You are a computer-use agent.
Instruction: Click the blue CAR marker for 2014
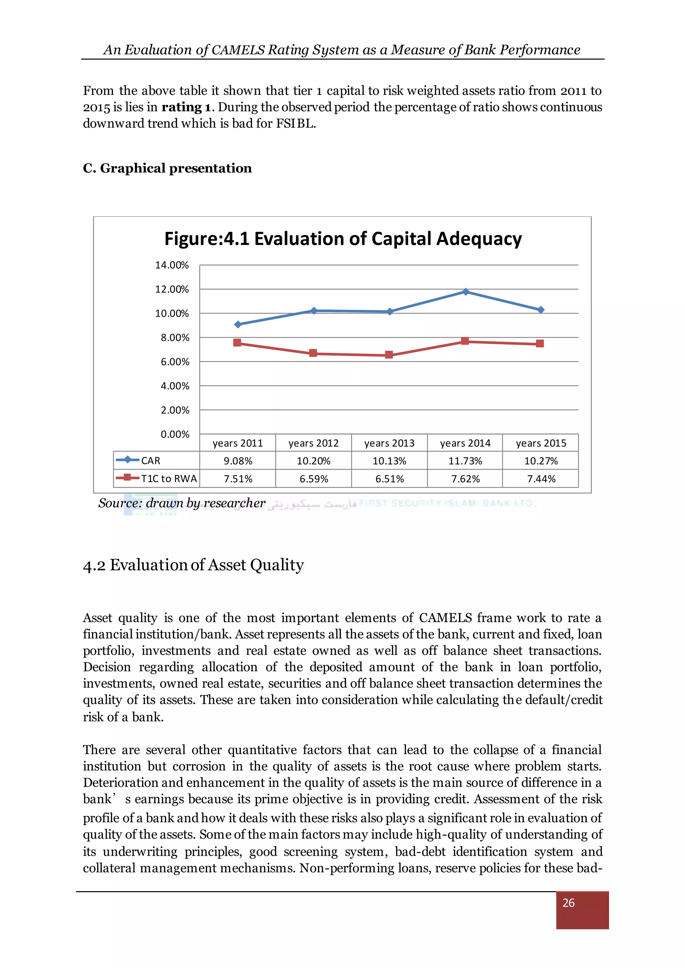466,292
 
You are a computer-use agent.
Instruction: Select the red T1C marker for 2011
237,343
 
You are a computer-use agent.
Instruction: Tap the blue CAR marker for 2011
238,324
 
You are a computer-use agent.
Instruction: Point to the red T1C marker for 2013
389,355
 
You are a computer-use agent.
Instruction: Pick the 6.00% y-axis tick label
175,362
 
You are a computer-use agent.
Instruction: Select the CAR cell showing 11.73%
465,461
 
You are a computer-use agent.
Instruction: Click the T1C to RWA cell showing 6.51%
389,479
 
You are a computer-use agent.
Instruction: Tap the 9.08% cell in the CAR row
238,461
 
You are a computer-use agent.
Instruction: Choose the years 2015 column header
541,443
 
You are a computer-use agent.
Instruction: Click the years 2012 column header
313,443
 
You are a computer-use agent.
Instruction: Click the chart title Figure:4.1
342,239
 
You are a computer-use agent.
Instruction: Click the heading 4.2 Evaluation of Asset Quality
193,565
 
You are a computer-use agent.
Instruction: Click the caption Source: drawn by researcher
182,503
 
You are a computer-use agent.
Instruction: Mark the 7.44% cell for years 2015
541,479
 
